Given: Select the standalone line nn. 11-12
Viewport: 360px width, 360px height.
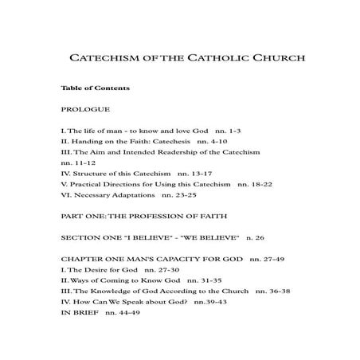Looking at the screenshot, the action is coord(76,161).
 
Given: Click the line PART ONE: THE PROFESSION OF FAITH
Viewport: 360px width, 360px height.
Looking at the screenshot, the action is coord(143,215).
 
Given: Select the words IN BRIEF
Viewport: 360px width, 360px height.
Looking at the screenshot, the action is coord(78,314).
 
